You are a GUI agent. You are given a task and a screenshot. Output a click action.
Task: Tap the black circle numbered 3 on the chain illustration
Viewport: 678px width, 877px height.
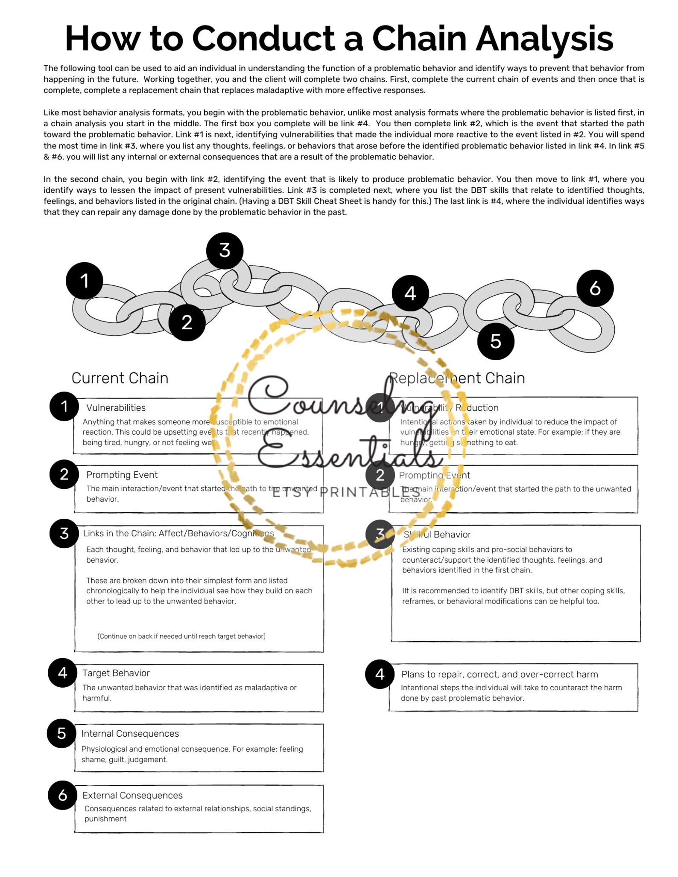pyautogui.click(x=225, y=250)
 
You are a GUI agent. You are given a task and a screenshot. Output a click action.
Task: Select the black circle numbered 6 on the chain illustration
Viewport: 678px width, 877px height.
pyautogui.click(x=595, y=288)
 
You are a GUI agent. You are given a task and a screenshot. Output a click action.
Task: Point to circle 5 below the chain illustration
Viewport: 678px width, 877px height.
pyautogui.click(x=495, y=341)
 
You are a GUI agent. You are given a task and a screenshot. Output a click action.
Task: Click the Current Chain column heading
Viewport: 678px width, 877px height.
pyautogui.click(x=120, y=378)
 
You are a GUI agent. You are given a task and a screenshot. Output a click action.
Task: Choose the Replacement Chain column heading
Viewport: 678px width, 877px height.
pyautogui.click(x=457, y=378)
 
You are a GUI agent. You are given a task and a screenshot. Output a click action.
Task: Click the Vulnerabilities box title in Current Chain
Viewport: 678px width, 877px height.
pyautogui.click(x=116, y=408)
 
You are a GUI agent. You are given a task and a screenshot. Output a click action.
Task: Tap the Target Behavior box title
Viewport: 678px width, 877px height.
pyautogui.click(x=116, y=673)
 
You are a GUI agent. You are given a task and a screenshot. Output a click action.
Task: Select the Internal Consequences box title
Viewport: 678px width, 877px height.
pyautogui.click(x=130, y=734)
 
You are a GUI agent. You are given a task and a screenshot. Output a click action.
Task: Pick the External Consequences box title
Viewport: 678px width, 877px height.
pyautogui.click(x=132, y=795)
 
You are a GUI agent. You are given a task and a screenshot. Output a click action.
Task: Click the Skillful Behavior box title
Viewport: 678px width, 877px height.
pyautogui.click(x=437, y=534)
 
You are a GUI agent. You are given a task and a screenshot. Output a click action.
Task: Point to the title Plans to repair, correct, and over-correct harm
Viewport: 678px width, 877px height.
pyautogui.click(x=500, y=674)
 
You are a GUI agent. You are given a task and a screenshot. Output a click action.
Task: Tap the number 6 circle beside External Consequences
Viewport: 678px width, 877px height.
pyautogui.click(x=62, y=795)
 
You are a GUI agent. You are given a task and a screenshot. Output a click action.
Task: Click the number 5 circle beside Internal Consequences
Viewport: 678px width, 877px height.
pyautogui.click(x=61, y=734)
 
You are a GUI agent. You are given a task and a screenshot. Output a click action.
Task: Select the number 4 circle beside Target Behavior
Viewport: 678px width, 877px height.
pyautogui.click(x=62, y=673)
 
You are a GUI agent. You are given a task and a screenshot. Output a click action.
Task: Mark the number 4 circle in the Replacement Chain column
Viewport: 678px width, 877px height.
pyautogui.click(x=380, y=674)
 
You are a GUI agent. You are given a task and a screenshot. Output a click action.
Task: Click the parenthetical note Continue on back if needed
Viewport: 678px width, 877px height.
pyautogui.click(x=181, y=636)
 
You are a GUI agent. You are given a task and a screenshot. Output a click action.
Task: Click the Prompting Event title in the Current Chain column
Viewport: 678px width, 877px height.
pyautogui.click(x=122, y=475)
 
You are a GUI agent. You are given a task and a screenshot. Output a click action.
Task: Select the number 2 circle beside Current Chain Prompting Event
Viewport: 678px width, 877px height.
pyautogui.click(x=64, y=474)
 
